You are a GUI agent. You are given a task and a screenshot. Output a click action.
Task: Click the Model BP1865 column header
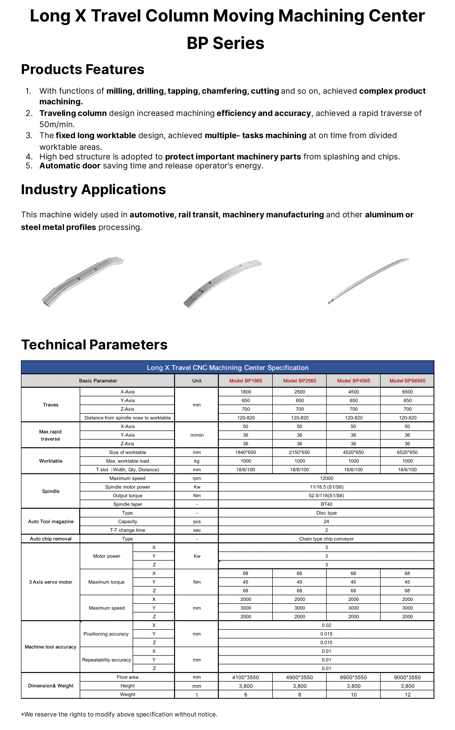click(245, 381)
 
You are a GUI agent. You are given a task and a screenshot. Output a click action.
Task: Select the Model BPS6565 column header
click(407, 381)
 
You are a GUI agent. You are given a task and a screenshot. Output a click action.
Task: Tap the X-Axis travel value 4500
click(353, 392)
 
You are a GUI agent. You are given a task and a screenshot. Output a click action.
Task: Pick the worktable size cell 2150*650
click(299, 452)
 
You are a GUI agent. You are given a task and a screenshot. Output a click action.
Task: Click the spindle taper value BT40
click(326, 504)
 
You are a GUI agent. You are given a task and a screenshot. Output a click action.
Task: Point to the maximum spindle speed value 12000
click(326, 478)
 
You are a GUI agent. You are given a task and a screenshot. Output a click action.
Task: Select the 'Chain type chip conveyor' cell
click(326, 539)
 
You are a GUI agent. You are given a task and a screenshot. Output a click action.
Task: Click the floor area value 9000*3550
click(407, 677)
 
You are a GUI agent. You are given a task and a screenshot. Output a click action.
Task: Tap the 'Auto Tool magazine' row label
click(51, 521)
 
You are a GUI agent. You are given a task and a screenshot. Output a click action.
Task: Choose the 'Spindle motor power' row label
click(127, 487)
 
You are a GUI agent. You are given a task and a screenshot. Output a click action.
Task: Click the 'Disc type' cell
click(326, 513)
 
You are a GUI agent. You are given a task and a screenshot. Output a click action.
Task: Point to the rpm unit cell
click(197, 478)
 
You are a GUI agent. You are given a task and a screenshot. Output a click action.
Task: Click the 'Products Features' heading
click(83, 69)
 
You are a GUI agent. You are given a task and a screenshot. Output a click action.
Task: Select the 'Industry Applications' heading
click(93, 189)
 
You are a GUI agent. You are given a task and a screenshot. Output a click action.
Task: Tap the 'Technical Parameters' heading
click(94, 345)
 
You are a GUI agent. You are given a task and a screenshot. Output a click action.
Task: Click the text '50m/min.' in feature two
click(57, 124)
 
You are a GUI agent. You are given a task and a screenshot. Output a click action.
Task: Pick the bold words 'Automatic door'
click(70, 166)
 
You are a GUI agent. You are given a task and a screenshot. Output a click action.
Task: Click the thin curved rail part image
click(368, 281)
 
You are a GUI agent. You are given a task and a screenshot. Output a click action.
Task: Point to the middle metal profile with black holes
click(223, 283)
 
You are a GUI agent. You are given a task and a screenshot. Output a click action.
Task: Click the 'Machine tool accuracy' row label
click(51, 647)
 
